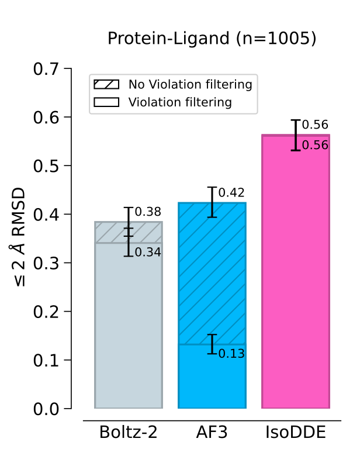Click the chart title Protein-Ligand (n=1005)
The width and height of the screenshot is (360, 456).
(x=212, y=39)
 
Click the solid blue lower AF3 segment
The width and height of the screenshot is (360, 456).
(x=212, y=380)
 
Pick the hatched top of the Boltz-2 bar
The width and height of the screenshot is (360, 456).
(x=111, y=233)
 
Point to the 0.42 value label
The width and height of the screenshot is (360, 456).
(x=231, y=193)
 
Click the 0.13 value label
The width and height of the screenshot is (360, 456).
(x=231, y=354)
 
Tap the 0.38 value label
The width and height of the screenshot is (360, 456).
(x=148, y=212)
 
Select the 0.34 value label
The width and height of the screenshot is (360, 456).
(x=148, y=252)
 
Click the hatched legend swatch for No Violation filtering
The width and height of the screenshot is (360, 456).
(x=106, y=85)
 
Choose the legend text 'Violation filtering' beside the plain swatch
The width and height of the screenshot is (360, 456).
(x=180, y=103)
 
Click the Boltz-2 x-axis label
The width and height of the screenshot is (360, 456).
(x=128, y=433)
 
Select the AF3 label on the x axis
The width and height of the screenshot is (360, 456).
(x=212, y=433)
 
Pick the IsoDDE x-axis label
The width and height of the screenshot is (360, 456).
(x=295, y=433)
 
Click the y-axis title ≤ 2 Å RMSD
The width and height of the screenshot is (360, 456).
(x=20, y=237)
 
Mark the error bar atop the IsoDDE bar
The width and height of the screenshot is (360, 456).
(x=296, y=135)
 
